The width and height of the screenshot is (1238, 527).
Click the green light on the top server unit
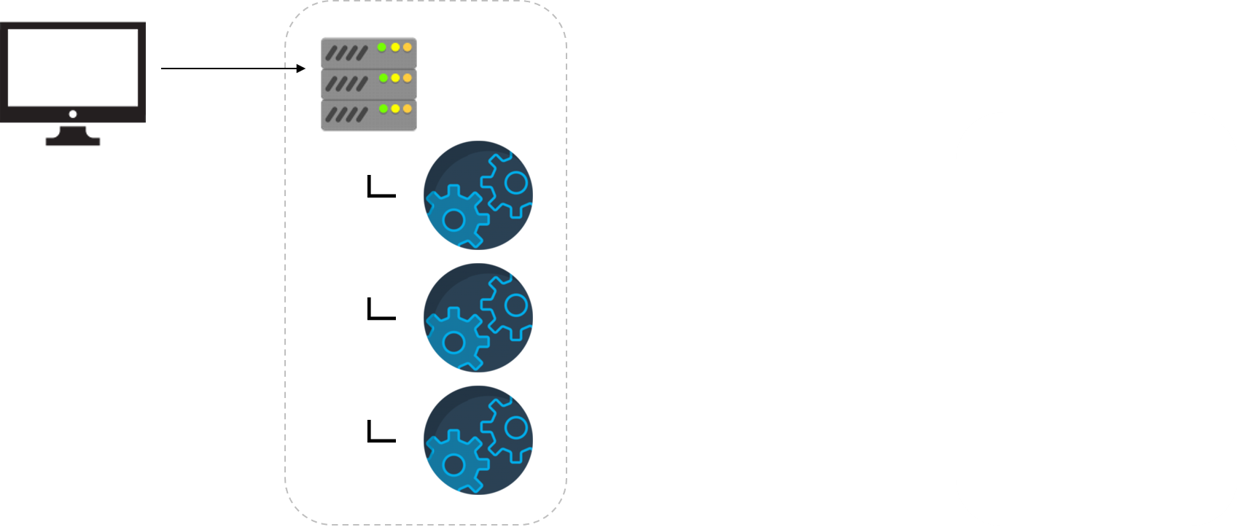382,47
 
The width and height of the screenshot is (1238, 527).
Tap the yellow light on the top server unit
395,47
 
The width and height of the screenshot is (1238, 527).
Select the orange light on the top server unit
408,47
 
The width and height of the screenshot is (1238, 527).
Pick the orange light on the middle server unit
408,78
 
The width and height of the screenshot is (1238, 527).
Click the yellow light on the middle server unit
395,78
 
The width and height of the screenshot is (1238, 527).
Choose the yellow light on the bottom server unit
395,109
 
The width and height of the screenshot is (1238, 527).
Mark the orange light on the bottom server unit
408,109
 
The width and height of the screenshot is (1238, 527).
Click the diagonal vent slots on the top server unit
346,53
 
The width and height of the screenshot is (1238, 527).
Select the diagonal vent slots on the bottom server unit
346,114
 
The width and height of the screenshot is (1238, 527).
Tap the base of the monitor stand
73,141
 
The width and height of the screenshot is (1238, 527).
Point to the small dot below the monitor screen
73,114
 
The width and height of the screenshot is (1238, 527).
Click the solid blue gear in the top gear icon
454,218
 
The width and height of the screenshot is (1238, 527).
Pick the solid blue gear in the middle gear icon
454,340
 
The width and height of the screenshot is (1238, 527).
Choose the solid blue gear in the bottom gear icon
454,463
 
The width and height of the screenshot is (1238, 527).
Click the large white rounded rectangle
1096,319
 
